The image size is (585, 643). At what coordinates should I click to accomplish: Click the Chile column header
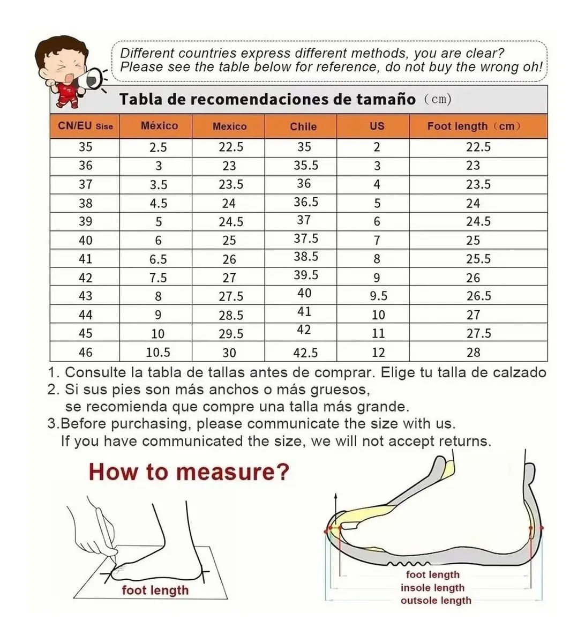(x=303, y=126)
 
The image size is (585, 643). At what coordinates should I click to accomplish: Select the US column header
(x=377, y=126)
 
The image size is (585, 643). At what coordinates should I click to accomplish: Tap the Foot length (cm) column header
(x=474, y=126)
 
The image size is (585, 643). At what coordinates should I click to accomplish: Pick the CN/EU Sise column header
(x=85, y=126)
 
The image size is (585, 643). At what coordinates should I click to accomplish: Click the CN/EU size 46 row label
(x=86, y=352)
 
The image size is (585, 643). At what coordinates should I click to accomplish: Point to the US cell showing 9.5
(x=379, y=296)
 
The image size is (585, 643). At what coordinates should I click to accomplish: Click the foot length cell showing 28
(x=473, y=353)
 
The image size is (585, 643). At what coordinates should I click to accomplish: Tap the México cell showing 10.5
(x=158, y=353)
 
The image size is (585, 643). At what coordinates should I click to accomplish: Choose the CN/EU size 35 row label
(x=86, y=147)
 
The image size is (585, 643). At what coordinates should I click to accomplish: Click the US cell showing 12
(x=378, y=353)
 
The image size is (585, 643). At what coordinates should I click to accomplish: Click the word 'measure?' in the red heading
(x=232, y=472)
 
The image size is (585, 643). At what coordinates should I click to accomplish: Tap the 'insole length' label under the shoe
(x=432, y=588)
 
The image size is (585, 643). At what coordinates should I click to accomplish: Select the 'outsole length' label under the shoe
(x=436, y=600)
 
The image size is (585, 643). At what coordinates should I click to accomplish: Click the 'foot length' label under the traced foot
(x=155, y=590)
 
